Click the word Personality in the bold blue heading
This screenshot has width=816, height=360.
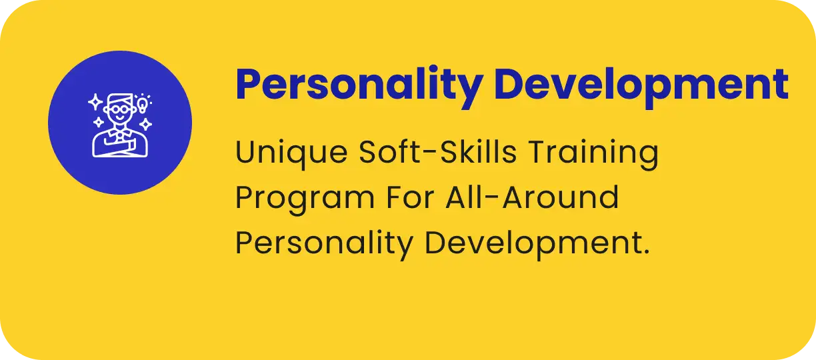tap(359, 86)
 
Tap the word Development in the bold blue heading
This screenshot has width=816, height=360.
tap(641, 86)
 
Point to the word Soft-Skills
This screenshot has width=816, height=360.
tap(438, 151)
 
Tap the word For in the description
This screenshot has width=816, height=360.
tap(410, 197)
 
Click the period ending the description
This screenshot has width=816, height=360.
tap(646, 251)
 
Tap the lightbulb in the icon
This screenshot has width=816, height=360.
tap(142, 103)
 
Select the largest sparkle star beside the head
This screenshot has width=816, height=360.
tap(96, 102)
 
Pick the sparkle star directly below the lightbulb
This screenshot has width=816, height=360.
tap(146, 125)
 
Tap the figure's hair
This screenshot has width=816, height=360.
tap(121, 99)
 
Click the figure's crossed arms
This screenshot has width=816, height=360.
tap(120, 147)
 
